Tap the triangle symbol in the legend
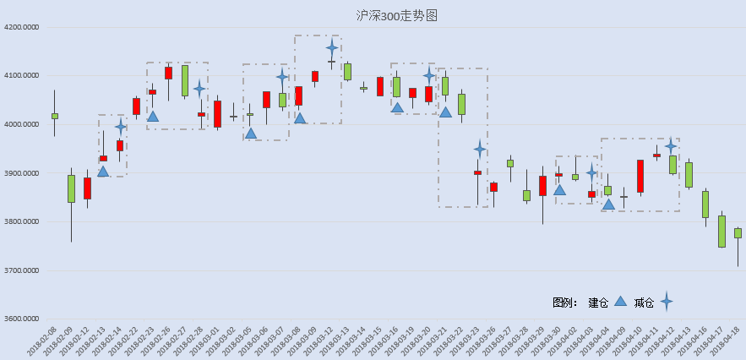(x=620, y=301)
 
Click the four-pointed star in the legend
(x=667, y=302)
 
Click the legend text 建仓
(x=598, y=302)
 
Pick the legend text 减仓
(x=644, y=302)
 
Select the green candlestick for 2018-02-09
(x=71, y=188)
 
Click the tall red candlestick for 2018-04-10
(x=640, y=176)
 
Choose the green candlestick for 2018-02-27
(x=185, y=80)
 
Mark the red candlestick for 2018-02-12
(x=87, y=188)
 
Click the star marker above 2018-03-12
(x=331, y=47)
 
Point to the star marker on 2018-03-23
(x=479, y=150)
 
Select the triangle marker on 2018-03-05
(x=251, y=133)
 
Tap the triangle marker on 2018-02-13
(x=103, y=172)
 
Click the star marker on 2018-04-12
(x=672, y=146)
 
